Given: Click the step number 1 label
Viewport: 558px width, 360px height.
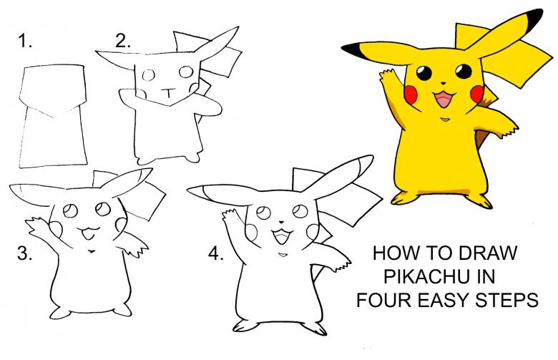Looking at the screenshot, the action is click(25, 41).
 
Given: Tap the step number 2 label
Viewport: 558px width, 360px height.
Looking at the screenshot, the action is click(123, 41).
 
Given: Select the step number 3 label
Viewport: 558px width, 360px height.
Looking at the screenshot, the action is click(24, 253).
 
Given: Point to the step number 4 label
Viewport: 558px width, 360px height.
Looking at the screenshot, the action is click(215, 253).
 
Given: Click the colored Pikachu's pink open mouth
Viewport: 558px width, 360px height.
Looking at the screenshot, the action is click(444, 99).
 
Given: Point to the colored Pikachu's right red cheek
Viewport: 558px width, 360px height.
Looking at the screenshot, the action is click(477, 92).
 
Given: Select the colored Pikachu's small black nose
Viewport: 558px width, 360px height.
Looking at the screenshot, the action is click(443, 83).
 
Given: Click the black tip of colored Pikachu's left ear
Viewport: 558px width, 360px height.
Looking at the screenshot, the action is click(353, 49).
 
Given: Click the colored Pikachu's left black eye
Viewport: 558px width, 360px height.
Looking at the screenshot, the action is click(424, 73).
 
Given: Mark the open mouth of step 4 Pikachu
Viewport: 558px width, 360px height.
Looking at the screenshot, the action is click(282, 236).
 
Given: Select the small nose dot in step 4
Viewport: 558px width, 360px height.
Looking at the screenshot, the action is click(281, 223).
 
